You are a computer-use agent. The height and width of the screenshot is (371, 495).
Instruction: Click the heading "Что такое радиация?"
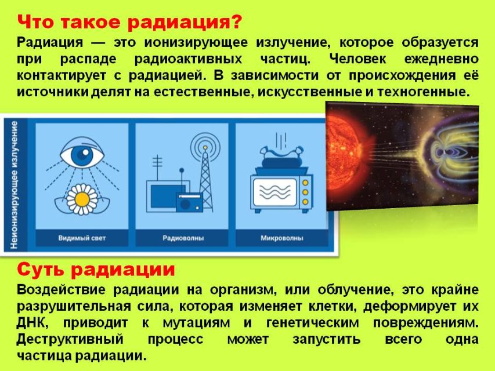pyautogui.click(x=129, y=22)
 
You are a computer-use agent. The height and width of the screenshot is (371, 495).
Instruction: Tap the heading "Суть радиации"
pyautogui.click(x=96, y=270)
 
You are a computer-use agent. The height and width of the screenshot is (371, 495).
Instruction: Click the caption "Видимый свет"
pyautogui.click(x=82, y=238)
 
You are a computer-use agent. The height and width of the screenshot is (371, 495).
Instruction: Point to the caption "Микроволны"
pyautogui.click(x=282, y=238)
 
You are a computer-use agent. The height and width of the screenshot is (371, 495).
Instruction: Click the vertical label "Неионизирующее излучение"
pyautogui.click(x=14, y=185)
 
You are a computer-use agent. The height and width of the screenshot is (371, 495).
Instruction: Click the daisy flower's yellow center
pyautogui.click(x=82, y=199)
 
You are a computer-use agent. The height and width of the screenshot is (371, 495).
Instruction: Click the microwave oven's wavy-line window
pyautogui.click(x=275, y=192)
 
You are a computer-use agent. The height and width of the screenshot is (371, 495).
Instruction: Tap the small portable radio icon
pyautogui.click(x=189, y=202)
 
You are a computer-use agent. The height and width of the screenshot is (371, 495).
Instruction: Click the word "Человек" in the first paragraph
pyautogui.click(x=357, y=59)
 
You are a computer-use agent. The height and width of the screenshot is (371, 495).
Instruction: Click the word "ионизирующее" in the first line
pyautogui.click(x=196, y=43)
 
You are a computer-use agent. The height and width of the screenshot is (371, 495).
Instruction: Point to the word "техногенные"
pyautogui.click(x=422, y=92)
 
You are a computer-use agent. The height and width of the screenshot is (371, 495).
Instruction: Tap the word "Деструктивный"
pyautogui.click(x=70, y=340)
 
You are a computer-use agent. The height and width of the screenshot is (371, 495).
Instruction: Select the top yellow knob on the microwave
pyautogui.click(x=305, y=183)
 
